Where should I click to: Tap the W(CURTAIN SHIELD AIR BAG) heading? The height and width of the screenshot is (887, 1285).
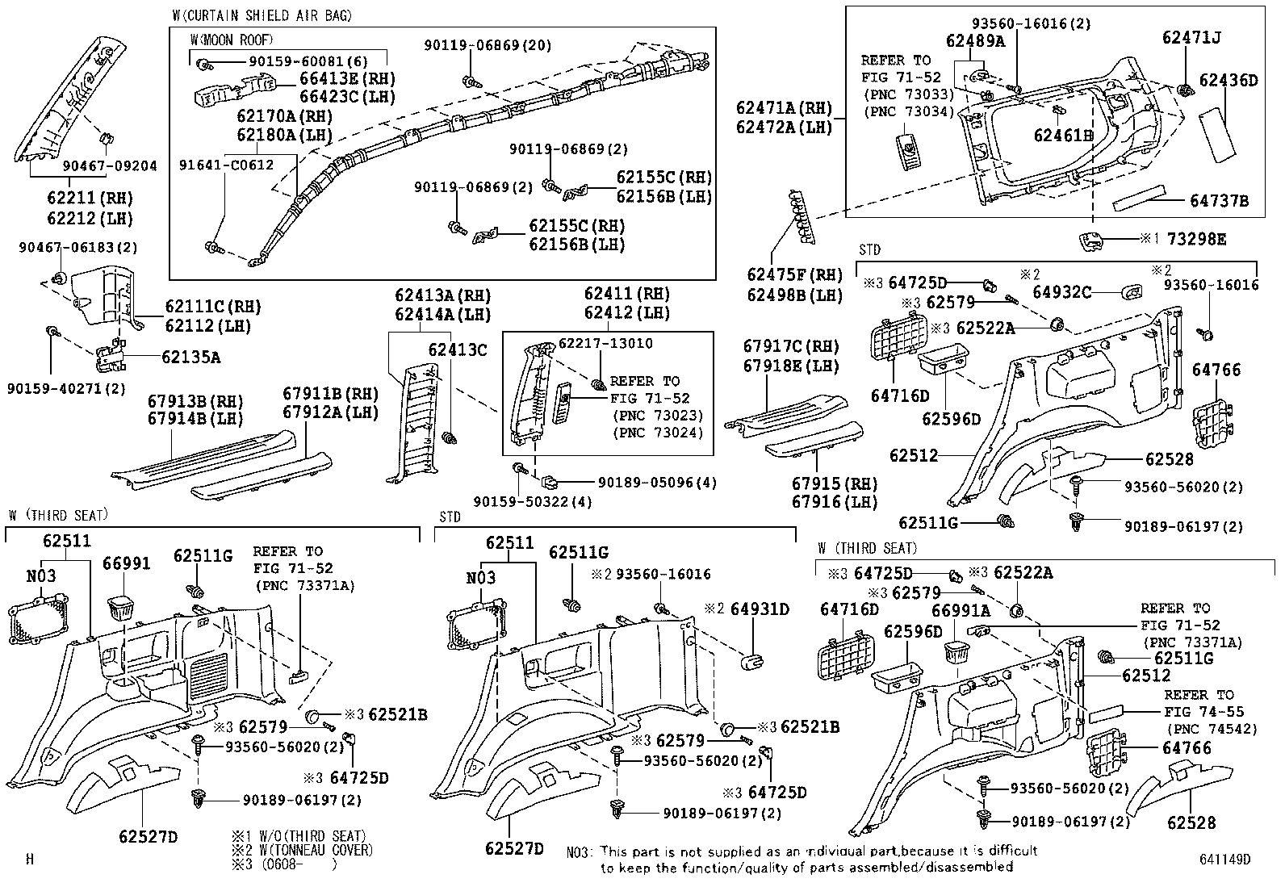(x=262, y=15)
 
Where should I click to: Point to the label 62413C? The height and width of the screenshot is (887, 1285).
(x=458, y=349)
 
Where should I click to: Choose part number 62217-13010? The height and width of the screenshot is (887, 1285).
(x=606, y=344)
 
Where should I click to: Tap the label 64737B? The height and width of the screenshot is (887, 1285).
(x=1219, y=201)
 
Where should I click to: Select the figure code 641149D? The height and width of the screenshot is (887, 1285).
(x=1224, y=860)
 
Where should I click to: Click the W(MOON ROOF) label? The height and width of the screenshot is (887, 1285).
(x=232, y=40)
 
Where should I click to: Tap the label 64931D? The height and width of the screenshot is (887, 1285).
(x=760, y=609)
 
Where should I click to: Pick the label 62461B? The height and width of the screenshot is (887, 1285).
(x=1063, y=136)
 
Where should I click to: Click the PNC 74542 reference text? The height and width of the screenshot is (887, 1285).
(x=1203, y=729)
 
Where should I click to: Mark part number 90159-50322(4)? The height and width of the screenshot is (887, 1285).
(x=533, y=502)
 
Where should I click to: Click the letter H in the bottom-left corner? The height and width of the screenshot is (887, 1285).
(x=30, y=860)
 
